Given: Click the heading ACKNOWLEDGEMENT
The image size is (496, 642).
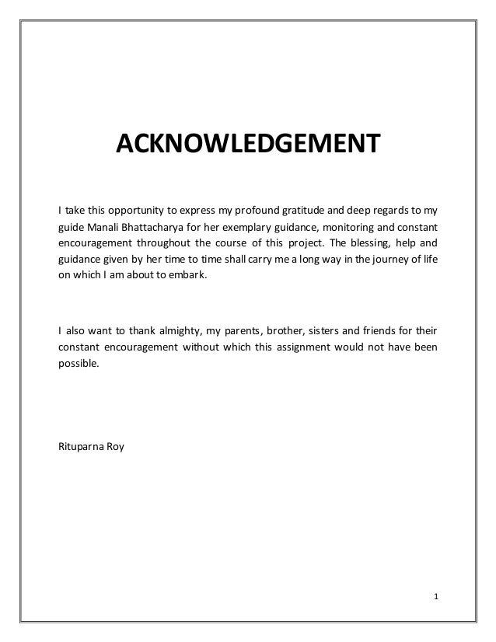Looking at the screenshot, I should pos(246,144).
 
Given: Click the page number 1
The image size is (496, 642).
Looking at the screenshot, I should pos(436,597).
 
